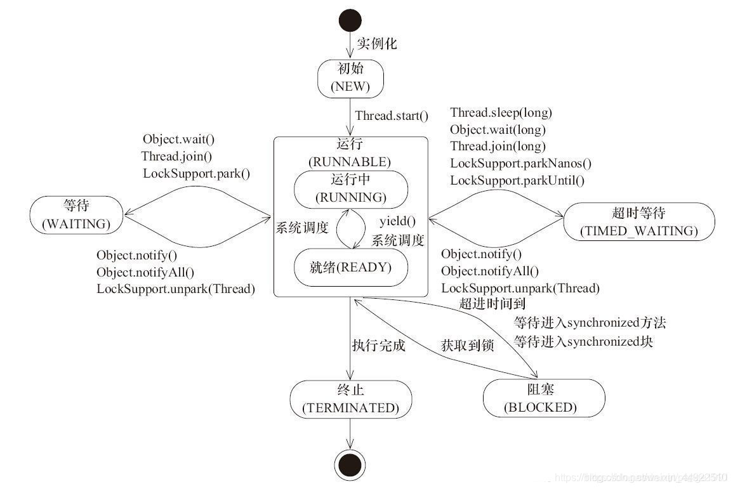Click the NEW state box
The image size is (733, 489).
coord(350,78)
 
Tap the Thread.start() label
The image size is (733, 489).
coord(392,116)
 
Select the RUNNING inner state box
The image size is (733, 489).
coord(350,188)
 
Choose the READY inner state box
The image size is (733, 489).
coord(350,268)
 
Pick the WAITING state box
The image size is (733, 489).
coord(76,215)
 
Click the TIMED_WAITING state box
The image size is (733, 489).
coord(638,221)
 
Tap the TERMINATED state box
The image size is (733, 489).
coord(350,400)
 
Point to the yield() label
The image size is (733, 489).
coord(397,221)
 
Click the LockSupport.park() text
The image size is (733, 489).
coord(196,173)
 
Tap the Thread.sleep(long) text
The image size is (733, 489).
coord(501,113)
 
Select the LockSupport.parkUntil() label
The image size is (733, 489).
coord(517,180)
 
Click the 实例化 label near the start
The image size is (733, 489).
coord(376,44)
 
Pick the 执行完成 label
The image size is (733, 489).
coord(379,346)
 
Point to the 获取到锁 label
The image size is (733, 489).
coord(467,346)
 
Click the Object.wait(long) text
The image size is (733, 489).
coord(498,130)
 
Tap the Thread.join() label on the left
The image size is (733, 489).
coord(177,155)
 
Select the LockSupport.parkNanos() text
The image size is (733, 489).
coord(520,164)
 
